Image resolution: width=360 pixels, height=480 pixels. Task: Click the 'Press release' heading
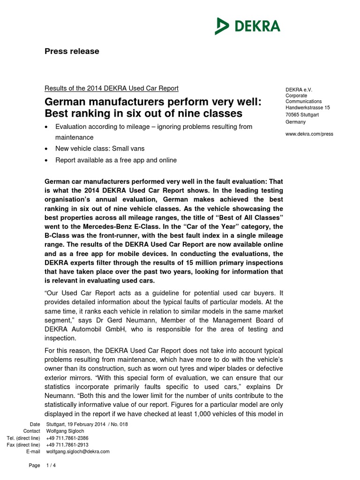pos(72,52)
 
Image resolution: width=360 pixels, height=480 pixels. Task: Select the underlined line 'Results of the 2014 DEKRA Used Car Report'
pos(111,88)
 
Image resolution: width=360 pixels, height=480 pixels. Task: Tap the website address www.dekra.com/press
pos(309,134)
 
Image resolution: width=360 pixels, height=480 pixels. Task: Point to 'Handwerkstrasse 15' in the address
pos(307,107)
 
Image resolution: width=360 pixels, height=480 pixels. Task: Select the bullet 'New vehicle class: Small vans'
pos(100,149)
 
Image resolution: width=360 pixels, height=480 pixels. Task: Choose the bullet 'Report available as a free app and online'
pos(116,160)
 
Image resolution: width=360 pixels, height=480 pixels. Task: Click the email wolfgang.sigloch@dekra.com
pos(78,451)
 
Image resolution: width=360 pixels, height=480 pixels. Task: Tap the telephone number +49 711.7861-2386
pos(67,438)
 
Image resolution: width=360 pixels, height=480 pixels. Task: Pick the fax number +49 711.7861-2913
pos(67,445)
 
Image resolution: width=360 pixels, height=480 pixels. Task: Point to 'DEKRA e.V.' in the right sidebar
pos(299,90)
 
